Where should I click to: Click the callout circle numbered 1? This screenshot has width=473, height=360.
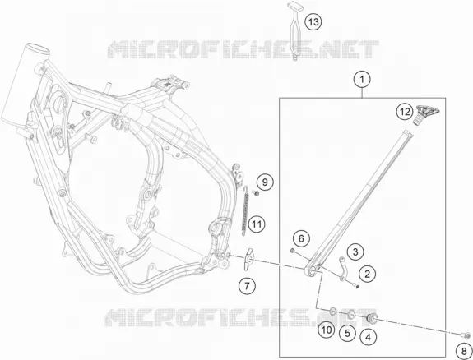point(362,80)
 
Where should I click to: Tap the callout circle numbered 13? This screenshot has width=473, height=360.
point(313,22)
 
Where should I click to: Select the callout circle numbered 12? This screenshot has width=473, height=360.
point(405,112)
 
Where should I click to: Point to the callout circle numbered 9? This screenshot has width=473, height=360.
point(265,182)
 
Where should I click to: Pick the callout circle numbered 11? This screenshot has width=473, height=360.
point(257,224)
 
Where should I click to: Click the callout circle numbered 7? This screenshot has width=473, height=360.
point(247,285)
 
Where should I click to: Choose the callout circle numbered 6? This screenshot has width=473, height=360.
point(301,239)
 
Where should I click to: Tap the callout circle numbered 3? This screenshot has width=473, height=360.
point(355,252)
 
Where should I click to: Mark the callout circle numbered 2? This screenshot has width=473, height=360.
point(367,274)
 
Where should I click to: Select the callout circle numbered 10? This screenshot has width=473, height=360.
point(327,330)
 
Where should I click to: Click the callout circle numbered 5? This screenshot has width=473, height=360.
point(347,333)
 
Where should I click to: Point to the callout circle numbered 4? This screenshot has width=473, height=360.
point(368,337)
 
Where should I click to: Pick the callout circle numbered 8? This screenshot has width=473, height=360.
point(464,351)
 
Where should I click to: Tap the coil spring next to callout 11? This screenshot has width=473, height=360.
point(246,211)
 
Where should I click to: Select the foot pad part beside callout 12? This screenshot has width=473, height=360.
point(425,114)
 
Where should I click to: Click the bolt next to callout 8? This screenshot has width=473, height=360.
point(465,335)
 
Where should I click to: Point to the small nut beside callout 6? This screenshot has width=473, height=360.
point(292,250)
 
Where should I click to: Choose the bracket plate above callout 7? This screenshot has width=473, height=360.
point(248,259)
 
